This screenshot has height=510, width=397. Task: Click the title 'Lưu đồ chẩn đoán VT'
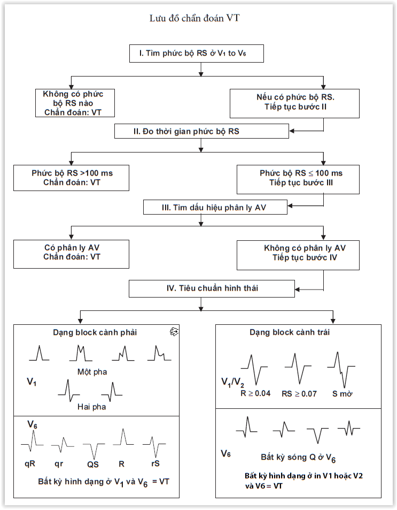[198, 19]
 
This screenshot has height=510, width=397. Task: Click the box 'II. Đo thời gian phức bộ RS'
[201, 131]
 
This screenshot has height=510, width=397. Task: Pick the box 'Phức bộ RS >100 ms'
[72, 178]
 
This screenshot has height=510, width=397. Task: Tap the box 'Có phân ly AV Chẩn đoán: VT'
[72, 253]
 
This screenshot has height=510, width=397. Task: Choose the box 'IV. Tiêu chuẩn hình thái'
[212, 288]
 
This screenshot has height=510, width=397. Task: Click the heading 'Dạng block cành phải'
[95, 332]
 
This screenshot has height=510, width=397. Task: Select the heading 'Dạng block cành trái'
[289, 332]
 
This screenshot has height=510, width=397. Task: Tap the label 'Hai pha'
[91, 407]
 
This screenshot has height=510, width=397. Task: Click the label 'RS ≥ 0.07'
[300, 393]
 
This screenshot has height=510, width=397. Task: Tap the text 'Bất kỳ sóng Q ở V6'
[298, 458]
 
